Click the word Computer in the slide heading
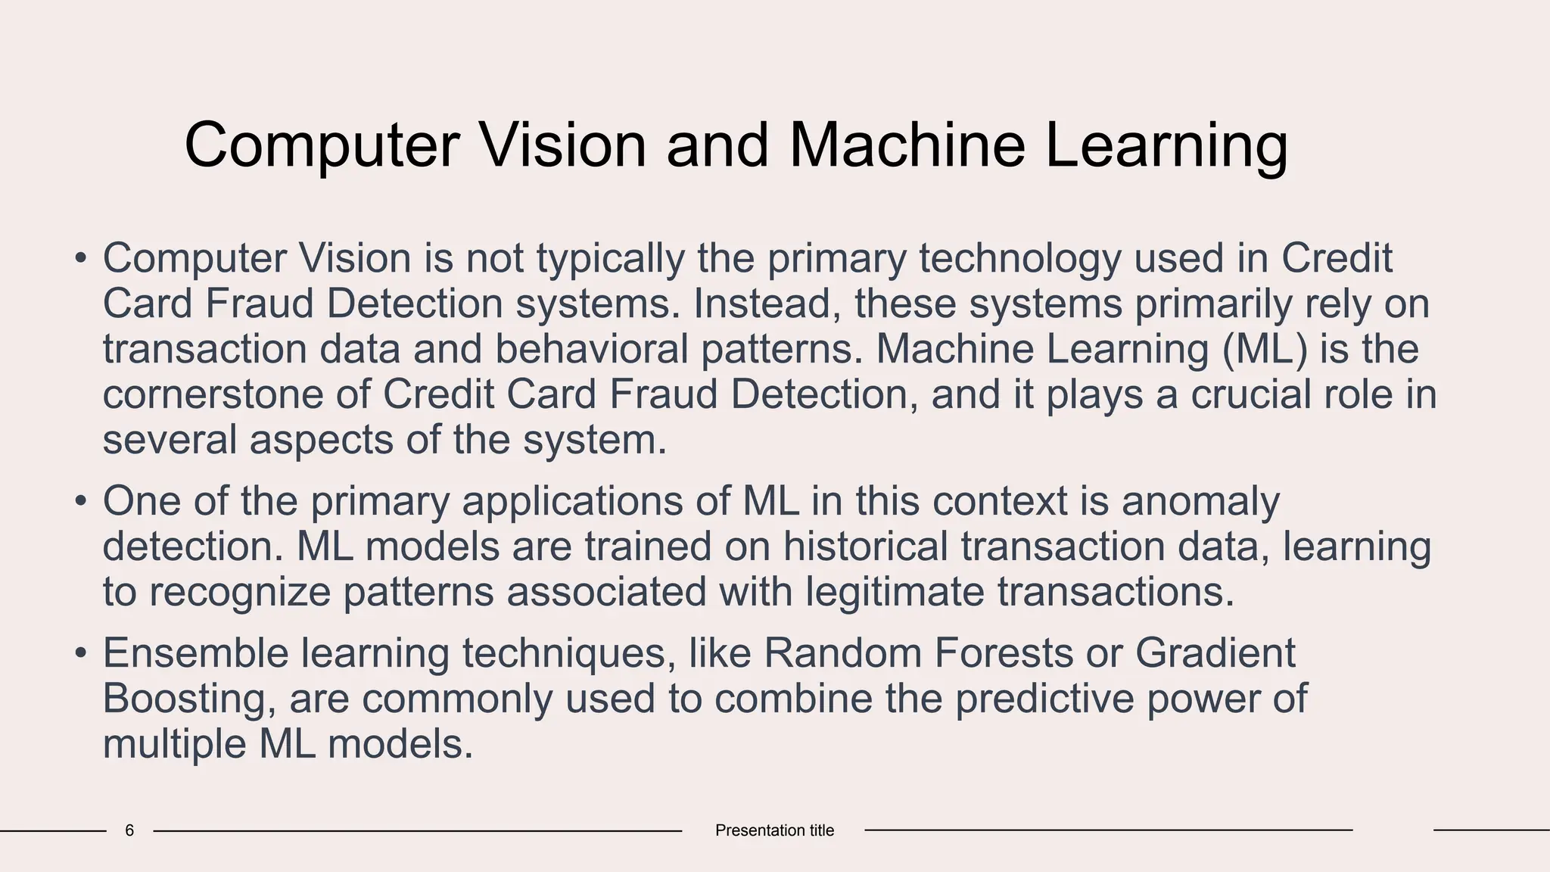(x=322, y=145)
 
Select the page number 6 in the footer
(x=129, y=830)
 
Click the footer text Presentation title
(x=774, y=830)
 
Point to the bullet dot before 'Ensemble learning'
(x=81, y=652)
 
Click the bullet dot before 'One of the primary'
(x=81, y=501)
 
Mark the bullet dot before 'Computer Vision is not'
(x=81, y=258)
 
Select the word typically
(x=610, y=258)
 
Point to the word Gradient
(x=1215, y=652)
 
